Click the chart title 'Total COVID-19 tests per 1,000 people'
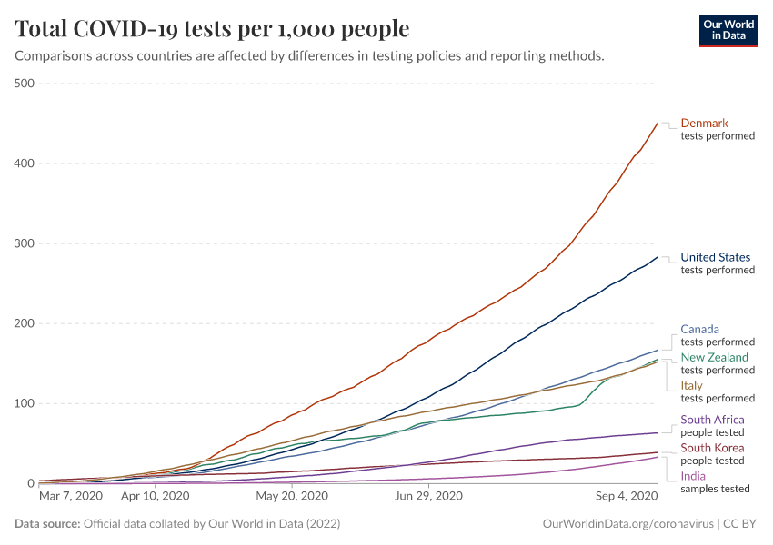point(212,29)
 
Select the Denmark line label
point(705,123)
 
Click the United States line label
point(717,257)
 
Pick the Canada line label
point(700,329)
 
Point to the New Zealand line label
point(715,357)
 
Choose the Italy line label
point(691,385)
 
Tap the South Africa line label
point(713,420)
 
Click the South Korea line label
point(712,448)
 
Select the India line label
point(693,475)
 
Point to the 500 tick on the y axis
point(24,84)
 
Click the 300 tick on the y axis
point(24,243)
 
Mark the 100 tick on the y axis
point(24,403)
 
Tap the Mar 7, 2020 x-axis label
point(71,497)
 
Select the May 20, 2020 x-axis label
point(292,497)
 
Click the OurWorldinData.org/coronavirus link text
point(627,524)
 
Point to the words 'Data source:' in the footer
point(46,524)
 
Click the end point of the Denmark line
point(658,123)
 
